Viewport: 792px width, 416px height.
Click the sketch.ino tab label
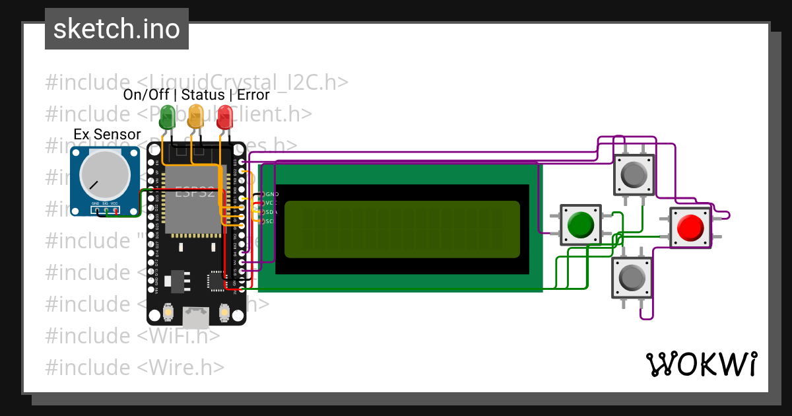point(116,29)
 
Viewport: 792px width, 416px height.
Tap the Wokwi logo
point(701,364)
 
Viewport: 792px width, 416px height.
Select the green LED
point(168,117)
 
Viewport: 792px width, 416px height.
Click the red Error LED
point(225,118)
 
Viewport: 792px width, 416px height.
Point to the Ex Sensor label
point(107,135)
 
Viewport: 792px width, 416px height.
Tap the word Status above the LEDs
point(203,94)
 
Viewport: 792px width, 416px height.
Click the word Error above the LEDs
point(253,94)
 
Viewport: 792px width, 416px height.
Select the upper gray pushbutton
point(634,174)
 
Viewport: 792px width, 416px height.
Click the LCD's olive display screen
point(402,228)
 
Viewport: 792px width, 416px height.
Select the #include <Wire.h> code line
point(135,367)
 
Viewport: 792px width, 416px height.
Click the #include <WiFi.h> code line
point(132,335)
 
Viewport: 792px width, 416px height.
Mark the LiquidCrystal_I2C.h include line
point(197,82)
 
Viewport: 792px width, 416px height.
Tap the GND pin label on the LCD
point(271,194)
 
